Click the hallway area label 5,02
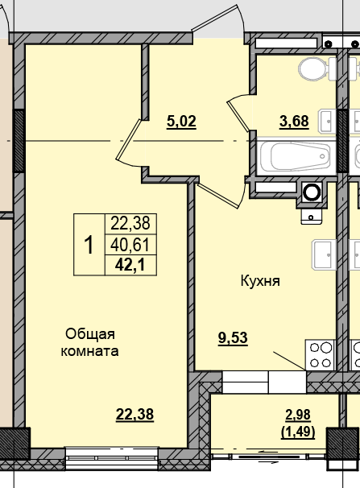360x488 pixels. tap(181, 122)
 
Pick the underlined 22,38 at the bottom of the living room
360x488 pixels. tap(134, 414)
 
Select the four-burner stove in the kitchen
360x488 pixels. tap(321, 355)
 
